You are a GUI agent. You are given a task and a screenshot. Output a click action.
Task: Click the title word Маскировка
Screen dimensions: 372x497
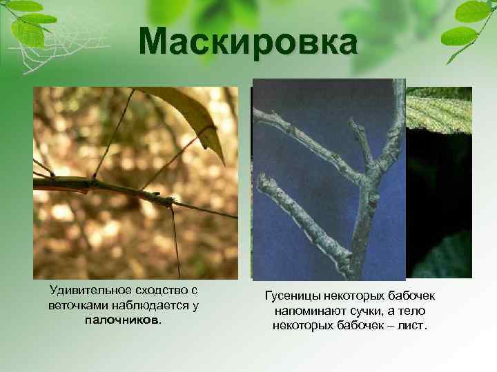click(248, 43)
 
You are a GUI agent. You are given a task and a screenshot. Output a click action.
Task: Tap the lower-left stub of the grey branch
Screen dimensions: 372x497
click(273, 189)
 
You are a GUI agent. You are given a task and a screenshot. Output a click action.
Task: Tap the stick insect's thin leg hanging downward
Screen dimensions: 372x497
click(176, 241)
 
